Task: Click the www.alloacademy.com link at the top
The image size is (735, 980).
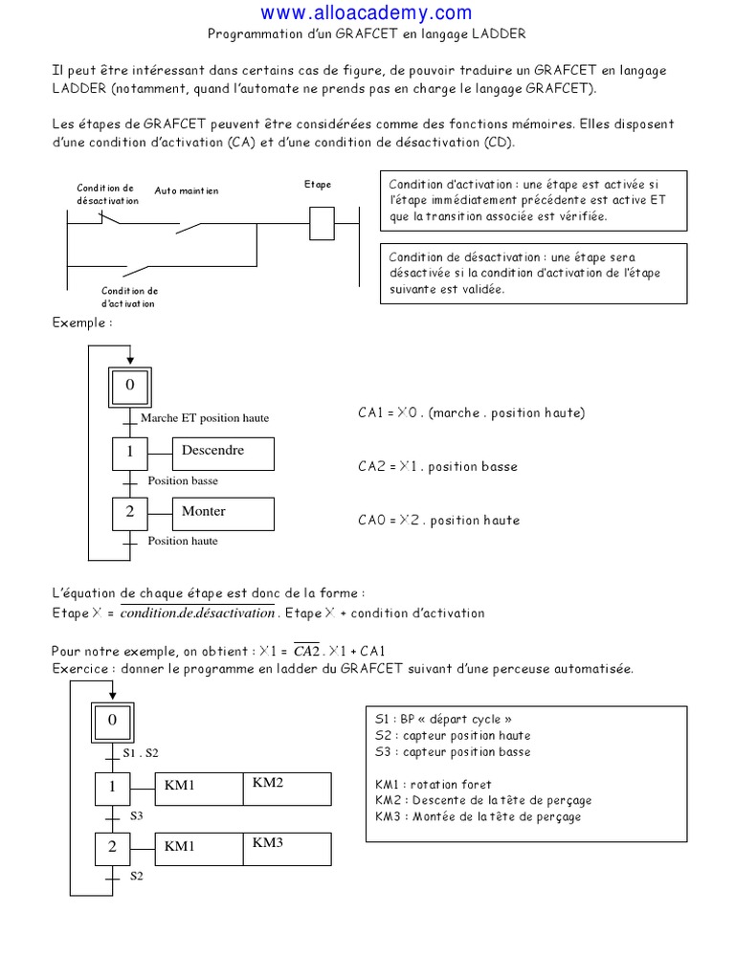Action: pos(367,12)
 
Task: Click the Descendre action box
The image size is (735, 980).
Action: pos(222,453)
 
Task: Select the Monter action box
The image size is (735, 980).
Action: pos(222,514)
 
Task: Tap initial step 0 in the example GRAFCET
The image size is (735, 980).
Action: pos(130,386)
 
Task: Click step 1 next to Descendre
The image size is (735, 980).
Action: pos(130,453)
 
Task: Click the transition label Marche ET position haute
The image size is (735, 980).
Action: pos(205,418)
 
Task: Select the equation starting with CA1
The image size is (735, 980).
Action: pos(471,413)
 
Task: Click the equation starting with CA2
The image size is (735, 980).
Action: pos(437,467)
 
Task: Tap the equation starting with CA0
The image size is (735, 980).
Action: pos(438,521)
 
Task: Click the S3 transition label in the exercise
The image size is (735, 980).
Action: pos(137,816)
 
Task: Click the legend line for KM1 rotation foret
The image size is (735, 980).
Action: pos(434,785)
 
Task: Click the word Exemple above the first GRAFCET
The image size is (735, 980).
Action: pos(81,323)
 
